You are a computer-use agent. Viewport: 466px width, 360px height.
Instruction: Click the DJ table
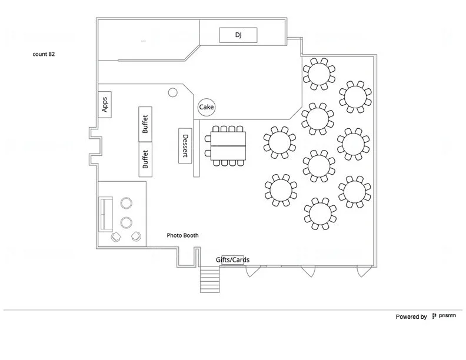[238, 35]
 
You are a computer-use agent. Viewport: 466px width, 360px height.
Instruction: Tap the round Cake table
[206, 107]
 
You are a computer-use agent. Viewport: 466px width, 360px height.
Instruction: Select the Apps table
[105, 104]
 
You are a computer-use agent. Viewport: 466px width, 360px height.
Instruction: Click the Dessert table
[185, 145]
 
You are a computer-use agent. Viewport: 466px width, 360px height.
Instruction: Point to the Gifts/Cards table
[229, 260]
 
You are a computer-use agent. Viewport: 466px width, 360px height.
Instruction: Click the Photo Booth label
[182, 235]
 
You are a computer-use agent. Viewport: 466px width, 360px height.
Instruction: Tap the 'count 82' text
[44, 54]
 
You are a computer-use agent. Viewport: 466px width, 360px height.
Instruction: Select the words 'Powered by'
[411, 317]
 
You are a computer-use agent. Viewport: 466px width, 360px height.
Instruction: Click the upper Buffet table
[145, 124]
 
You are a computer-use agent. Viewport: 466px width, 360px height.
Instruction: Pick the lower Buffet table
[145, 159]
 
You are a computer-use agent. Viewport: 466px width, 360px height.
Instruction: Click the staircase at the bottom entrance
[210, 279]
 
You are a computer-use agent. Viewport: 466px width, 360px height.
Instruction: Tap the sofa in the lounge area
[106, 214]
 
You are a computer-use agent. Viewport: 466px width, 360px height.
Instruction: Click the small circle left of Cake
[173, 92]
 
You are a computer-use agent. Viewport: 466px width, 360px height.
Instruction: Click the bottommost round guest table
[321, 213]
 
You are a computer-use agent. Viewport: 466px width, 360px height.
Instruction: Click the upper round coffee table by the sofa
[126, 204]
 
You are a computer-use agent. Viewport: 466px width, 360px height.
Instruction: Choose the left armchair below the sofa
[116, 236]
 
